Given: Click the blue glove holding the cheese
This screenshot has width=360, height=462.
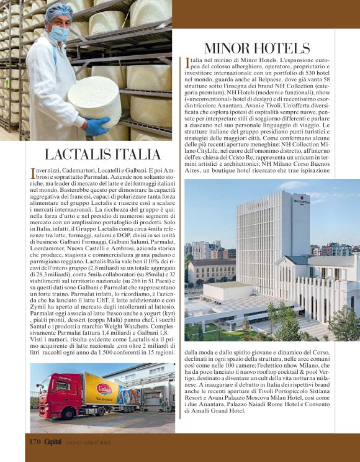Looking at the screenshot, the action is (98, 126).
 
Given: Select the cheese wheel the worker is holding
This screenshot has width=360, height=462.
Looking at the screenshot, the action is (93, 100).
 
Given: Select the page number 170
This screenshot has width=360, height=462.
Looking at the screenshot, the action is (34, 442).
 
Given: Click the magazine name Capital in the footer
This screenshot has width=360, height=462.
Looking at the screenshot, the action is (56, 442).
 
